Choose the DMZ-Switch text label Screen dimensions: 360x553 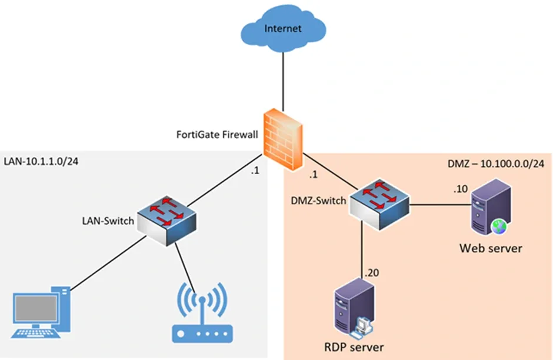click(x=318, y=201)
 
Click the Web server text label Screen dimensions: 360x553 click(x=491, y=248)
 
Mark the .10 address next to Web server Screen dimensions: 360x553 click(x=460, y=190)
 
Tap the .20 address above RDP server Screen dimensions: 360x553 click(x=372, y=273)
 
